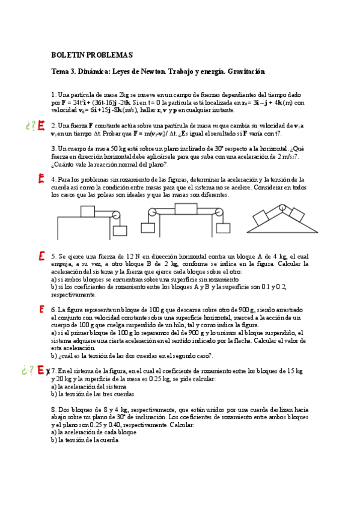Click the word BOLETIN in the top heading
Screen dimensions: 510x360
pos(67,55)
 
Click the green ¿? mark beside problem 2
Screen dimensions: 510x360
pos(31,126)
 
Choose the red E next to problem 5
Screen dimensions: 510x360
pos(41,256)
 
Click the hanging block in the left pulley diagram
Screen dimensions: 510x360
pos(120,230)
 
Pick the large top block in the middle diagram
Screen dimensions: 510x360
pos(185,209)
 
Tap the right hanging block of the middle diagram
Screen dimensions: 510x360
pos(221,229)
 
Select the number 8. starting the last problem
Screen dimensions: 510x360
pos(53,409)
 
